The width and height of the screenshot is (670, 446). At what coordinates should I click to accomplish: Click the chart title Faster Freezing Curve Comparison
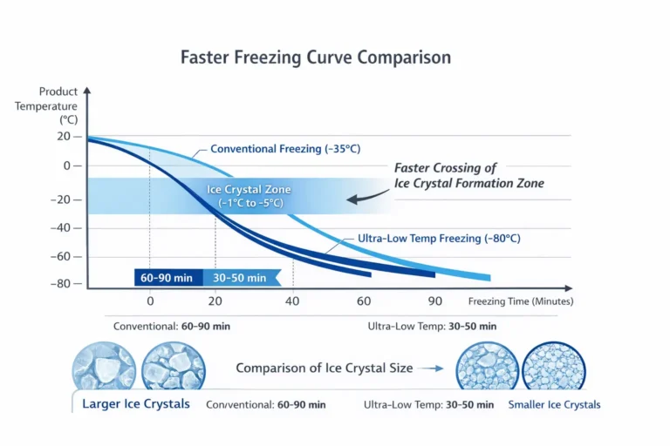pyautogui.click(x=315, y=58)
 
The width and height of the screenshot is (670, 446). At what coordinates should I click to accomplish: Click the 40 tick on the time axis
pyautogui.click(x=292, y=301)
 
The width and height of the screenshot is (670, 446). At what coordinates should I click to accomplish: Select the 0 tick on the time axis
pyautogui.click(x=150, y=301)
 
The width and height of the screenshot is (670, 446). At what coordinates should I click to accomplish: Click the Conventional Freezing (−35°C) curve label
pyautogui.click(x=284, y=149)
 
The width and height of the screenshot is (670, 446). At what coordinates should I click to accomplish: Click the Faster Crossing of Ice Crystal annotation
pyautogui.click(x=468, y=175)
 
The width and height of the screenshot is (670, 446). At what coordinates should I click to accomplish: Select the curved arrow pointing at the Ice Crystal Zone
pyautogui.click(x=366, y=198)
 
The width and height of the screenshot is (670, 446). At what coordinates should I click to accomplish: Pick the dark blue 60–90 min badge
pyautogui.click(x=168, y=278)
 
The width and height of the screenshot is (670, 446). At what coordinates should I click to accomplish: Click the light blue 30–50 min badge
pyautogui.click(x=238, y=278)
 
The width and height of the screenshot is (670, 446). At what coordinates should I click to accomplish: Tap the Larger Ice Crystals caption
pyautogui.click(x=135, y=404)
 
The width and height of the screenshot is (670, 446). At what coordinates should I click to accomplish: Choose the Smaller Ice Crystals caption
pyautogui.click(x=554, y=404)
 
